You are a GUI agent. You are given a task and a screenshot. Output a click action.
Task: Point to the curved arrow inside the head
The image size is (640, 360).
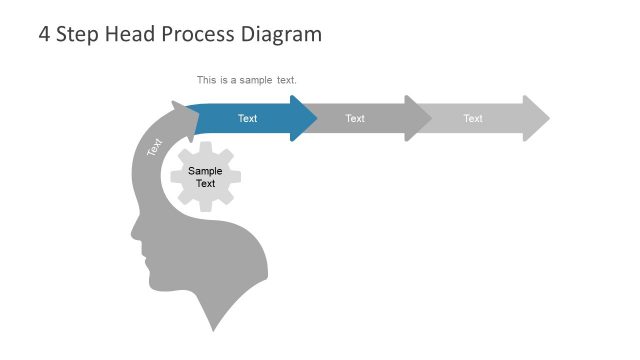point(150,160)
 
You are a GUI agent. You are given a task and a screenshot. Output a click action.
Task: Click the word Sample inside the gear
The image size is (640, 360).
point(205,171)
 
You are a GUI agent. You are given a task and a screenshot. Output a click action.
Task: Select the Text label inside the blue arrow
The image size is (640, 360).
point(247,119)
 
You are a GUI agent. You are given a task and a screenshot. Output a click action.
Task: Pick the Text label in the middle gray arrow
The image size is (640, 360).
point(355,119)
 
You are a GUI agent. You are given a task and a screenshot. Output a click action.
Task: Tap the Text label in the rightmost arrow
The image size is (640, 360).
point(473,119)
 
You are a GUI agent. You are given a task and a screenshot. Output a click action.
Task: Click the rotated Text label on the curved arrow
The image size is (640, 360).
point(154,146)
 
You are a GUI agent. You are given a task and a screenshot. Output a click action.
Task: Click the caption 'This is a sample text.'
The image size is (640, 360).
point(247,80)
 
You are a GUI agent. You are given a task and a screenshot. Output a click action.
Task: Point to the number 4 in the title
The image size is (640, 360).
point(44,34)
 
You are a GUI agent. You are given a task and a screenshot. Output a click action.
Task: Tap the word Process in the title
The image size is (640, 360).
point(198,34)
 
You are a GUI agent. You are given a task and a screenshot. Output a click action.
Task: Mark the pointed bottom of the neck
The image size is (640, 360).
point(212,329)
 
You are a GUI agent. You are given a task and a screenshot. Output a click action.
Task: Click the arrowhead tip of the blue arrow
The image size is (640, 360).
point(316,119)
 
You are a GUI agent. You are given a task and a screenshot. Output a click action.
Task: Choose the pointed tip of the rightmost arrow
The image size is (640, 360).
point(549,119)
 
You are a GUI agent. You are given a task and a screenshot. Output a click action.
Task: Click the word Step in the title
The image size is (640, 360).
point(78,34)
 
